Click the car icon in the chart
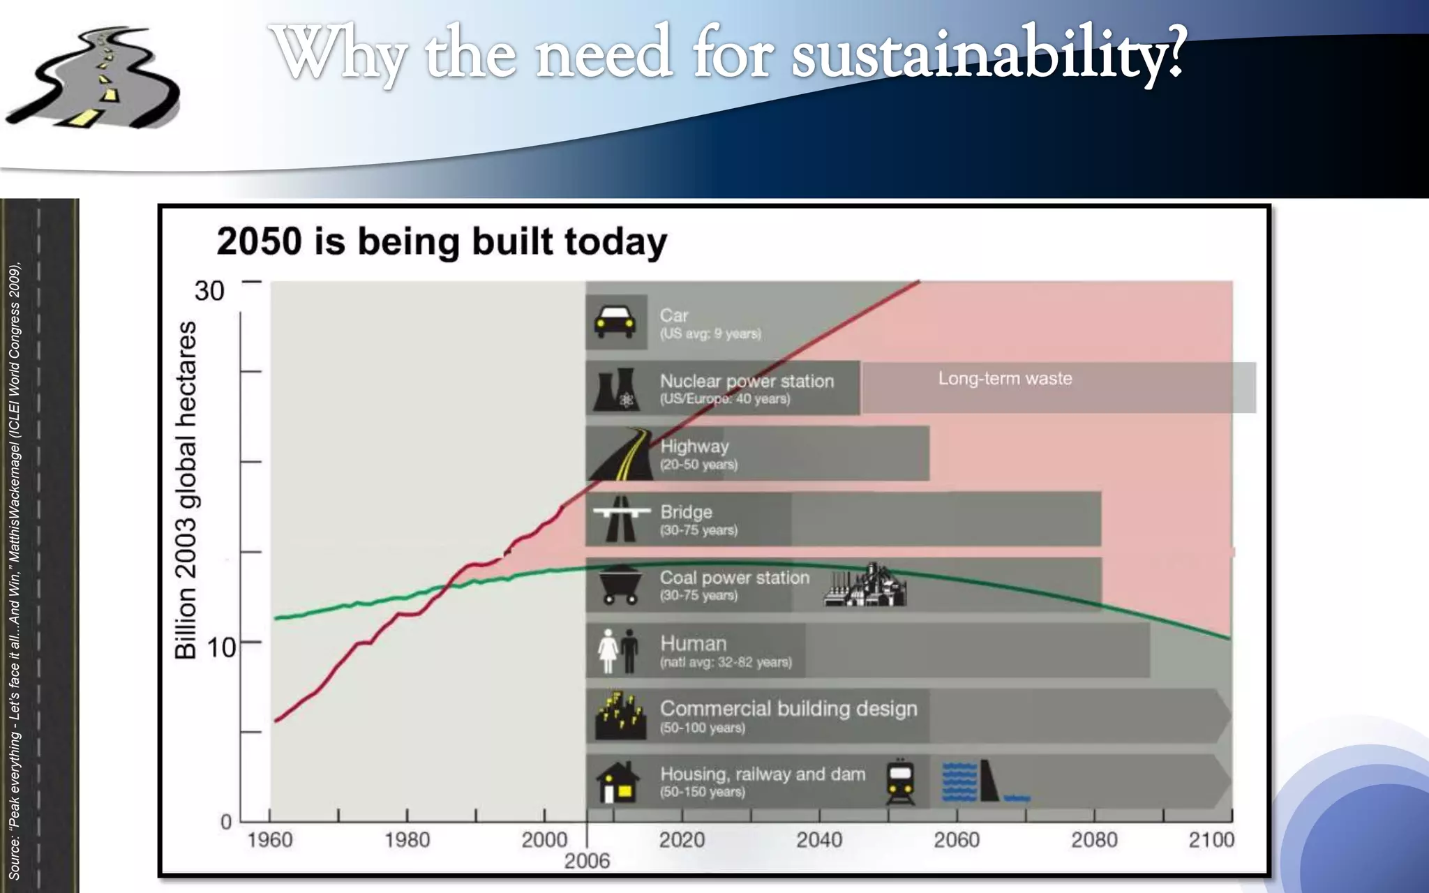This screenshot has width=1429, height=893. (x=615, y=322)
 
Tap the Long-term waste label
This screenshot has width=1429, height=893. (x=1005, y=379)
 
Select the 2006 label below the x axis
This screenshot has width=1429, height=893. (x=587, y=861)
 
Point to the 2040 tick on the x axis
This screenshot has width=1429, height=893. (x=819, y=839)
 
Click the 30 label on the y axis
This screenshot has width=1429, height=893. (x=209, y=291)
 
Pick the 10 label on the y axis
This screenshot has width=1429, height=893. (x=221, y=647)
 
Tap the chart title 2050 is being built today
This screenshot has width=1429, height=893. (x=442, y=241)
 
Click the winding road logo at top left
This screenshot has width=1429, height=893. (x=94, y=78)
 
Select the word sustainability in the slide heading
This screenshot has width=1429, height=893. (x=987, y=54)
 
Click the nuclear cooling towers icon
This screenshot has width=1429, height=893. (x=615, y=389)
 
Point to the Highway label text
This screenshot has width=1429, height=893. (x=694, y=446)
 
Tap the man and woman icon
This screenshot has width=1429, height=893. (x=618, y=650)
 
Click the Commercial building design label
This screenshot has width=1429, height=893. (x=788, y=709)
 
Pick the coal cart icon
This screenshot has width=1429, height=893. (x=618, y=586)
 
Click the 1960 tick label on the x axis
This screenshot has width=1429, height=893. (x=270, y=839)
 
